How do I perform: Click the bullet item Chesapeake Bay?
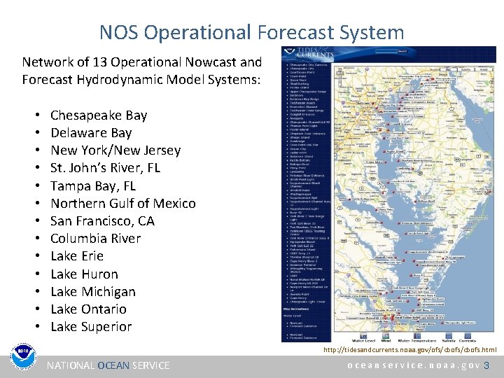click(x=99, y=115)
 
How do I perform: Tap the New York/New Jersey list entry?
click(x=115, y=150)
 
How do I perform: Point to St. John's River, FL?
click(x=105, y=167)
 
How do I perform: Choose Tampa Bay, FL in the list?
click(x=93, y=185)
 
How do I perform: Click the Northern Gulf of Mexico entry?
click(x=123, y=203)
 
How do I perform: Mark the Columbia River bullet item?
click(x=96, y=238)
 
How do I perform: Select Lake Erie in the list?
click(x=77, y=255)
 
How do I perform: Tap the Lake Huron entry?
click(x=84, y=274)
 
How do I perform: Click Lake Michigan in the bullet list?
click(x=93, y=291)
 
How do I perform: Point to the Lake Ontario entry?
click(x=89, y=309)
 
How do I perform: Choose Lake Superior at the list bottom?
click(x=91, y=326)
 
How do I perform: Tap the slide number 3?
click(x=487, y=365)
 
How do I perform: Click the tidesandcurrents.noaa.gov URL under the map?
click(x=409, y=349)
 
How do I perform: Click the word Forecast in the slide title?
click(x=296, y=32)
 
